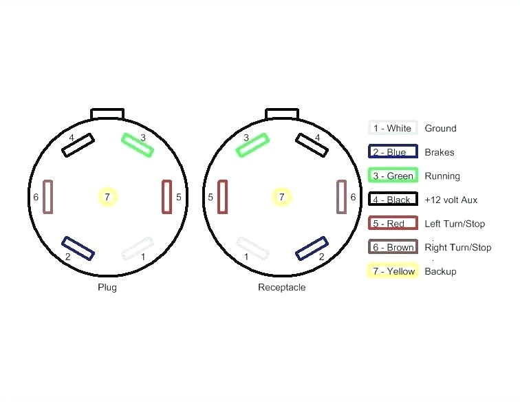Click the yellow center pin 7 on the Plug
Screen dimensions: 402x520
point(107,198)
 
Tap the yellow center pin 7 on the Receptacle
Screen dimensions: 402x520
point(281,198)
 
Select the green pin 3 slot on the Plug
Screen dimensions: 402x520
point(138,145)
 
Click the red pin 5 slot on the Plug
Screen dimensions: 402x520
point(166,197)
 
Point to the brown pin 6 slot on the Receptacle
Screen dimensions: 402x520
point(341,197)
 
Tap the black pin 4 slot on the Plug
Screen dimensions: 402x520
point(78,145)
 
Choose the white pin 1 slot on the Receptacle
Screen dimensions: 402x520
point(252,248)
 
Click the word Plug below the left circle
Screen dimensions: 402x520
point(107,287)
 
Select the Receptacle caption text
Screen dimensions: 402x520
point(281,287)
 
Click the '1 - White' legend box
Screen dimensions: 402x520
point(392,128)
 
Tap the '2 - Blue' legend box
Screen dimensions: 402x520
point(392,152)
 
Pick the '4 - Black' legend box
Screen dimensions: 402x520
point(392,200)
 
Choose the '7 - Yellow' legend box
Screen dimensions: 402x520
point(392,271)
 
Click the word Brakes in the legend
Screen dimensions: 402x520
point(439,152)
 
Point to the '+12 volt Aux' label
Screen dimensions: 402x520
point(451,200)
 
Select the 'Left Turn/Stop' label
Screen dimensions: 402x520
point(455,224)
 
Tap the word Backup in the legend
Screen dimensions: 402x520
point(440,271)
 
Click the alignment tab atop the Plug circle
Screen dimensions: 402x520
point(108,113)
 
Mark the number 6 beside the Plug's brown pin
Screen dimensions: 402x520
point(36,198)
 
